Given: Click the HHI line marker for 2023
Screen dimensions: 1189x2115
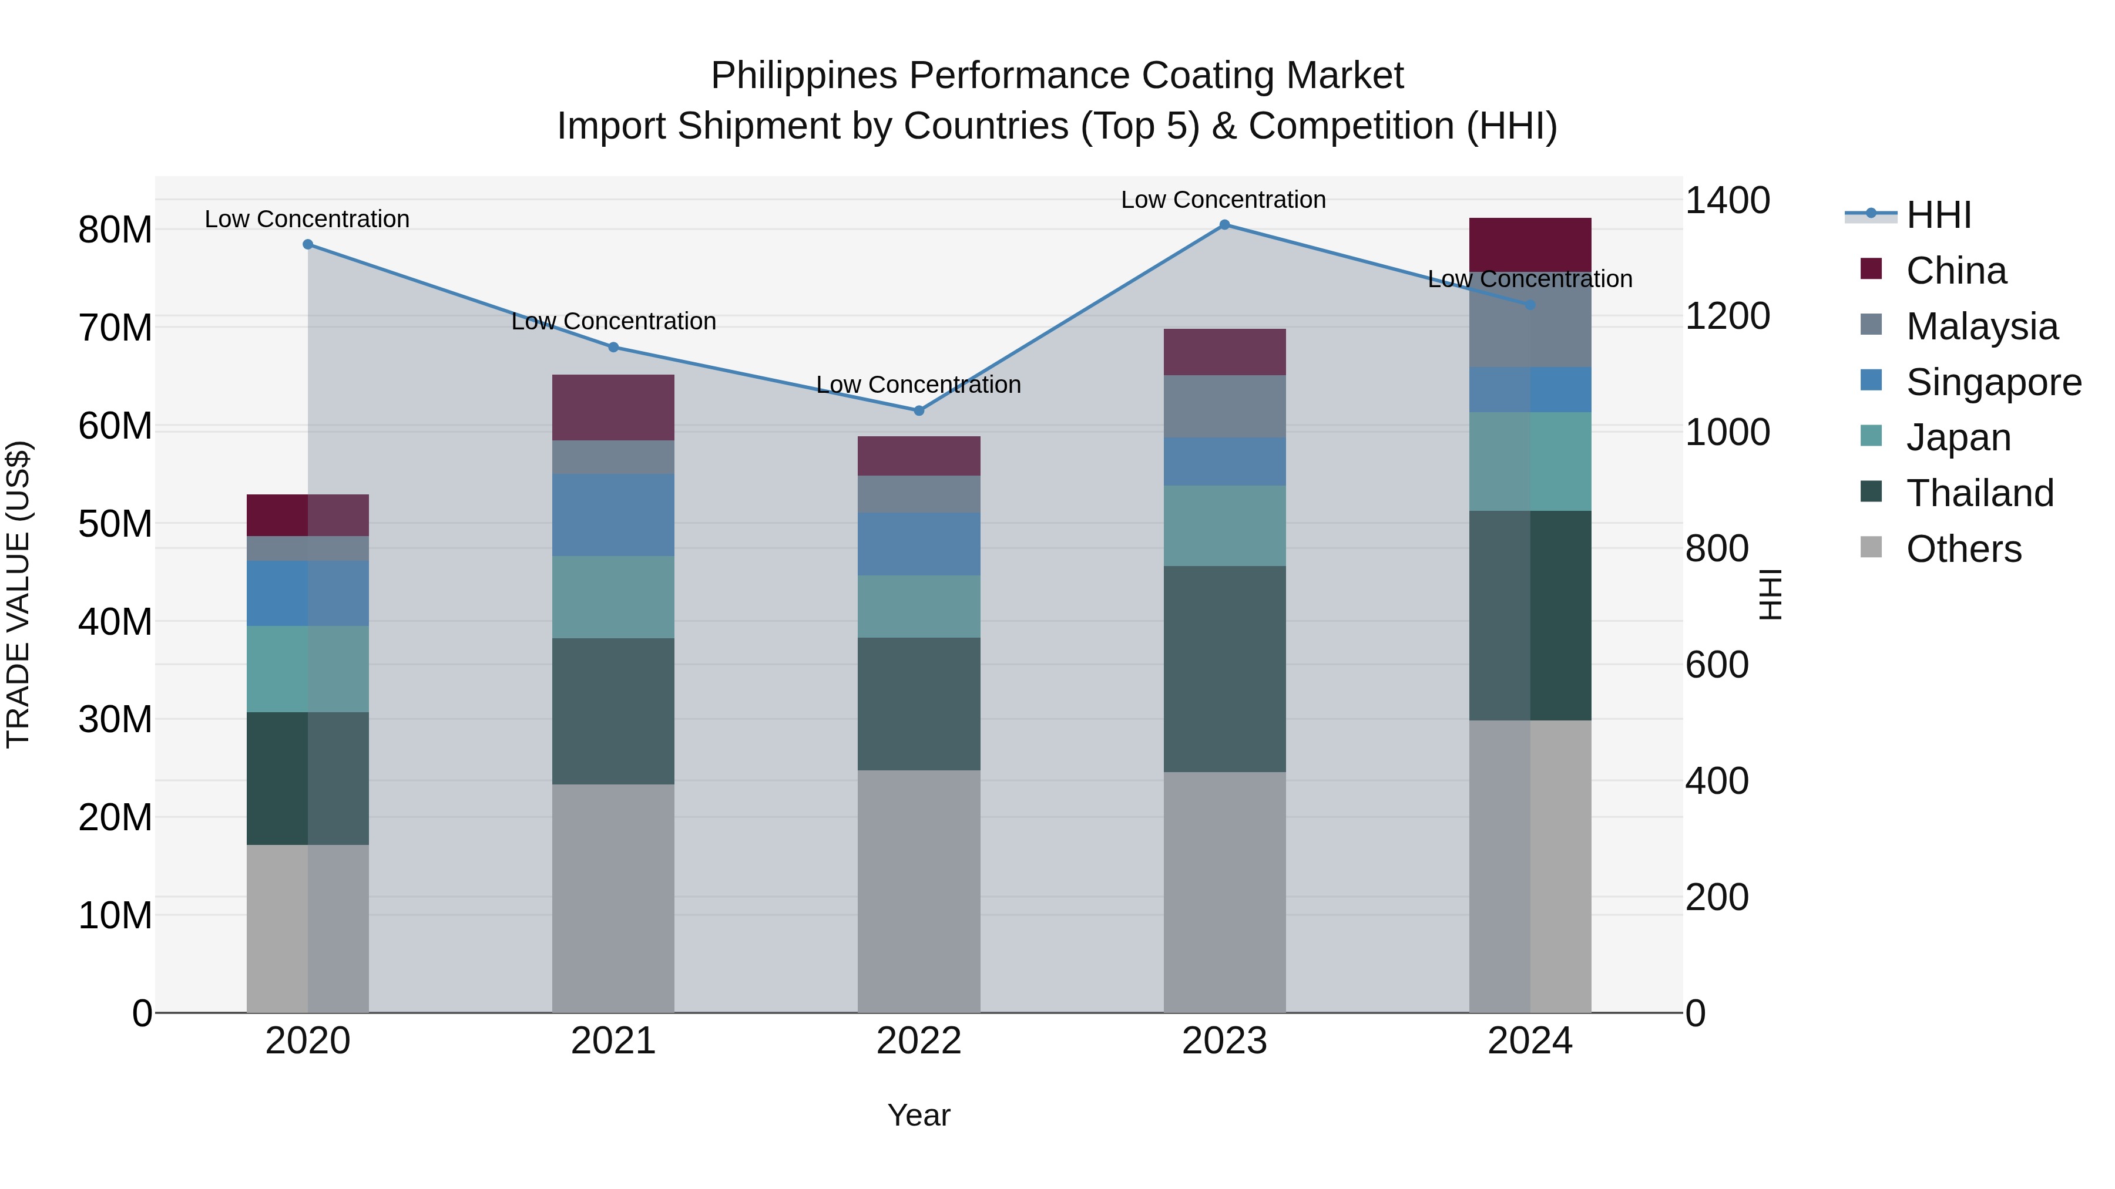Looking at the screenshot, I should click(1224, 225).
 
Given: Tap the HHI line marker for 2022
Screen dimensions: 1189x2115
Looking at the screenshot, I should click(919, 410).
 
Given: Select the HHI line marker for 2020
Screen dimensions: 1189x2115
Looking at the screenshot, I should click(308, 244).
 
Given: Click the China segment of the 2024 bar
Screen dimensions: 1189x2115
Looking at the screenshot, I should click(1530, 244).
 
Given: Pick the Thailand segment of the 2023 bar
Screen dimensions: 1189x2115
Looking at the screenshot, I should click(1224, 669).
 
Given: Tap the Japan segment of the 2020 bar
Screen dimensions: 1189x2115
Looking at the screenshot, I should click(308, 669).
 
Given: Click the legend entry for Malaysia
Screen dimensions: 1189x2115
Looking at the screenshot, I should click(1980, 326).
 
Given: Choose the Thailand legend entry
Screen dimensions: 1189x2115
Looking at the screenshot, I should click(1979, 493).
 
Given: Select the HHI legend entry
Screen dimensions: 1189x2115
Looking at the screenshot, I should click(1938, 215).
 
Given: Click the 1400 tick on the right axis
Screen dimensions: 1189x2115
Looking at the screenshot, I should click(1727, 201).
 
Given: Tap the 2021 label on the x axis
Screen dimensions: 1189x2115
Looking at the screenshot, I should click(613, 1041).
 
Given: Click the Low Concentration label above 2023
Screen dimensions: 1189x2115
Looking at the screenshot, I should click(1223, 200).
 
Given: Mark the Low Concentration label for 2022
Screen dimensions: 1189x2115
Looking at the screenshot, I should click(919, 384).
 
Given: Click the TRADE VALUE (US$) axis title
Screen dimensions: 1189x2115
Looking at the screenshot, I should click(18, 594).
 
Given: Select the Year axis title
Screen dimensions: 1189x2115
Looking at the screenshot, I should click(919, 1115).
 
